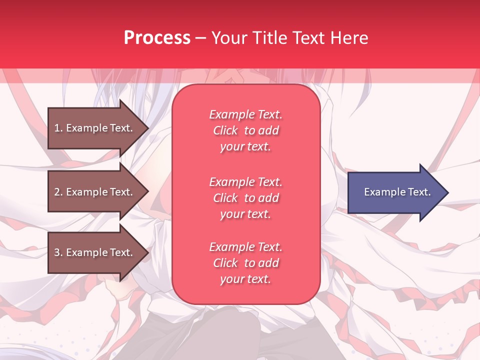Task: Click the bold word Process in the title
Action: click(x=157, y=37)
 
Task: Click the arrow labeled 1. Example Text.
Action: click(x=95, y=128)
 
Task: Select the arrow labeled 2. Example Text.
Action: click(x=95, y=192)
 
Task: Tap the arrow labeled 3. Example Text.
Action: click(x=95, y=252)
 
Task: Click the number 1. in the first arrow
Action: click(x=58, y=128)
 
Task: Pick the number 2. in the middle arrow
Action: click(x=58, y=192)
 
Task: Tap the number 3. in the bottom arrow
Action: click(x=58, y=252)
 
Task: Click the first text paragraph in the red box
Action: click(x=245, y=130)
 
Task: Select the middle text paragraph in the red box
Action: click(x=245, y=198)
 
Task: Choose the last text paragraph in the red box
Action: click(x=245, y=263)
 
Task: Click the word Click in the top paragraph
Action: click(x=225, y=130)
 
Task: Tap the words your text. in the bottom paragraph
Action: click(x=245, y=279)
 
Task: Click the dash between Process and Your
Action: click(x=200, y=38)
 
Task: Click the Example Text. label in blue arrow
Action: click(x=397, y=192)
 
